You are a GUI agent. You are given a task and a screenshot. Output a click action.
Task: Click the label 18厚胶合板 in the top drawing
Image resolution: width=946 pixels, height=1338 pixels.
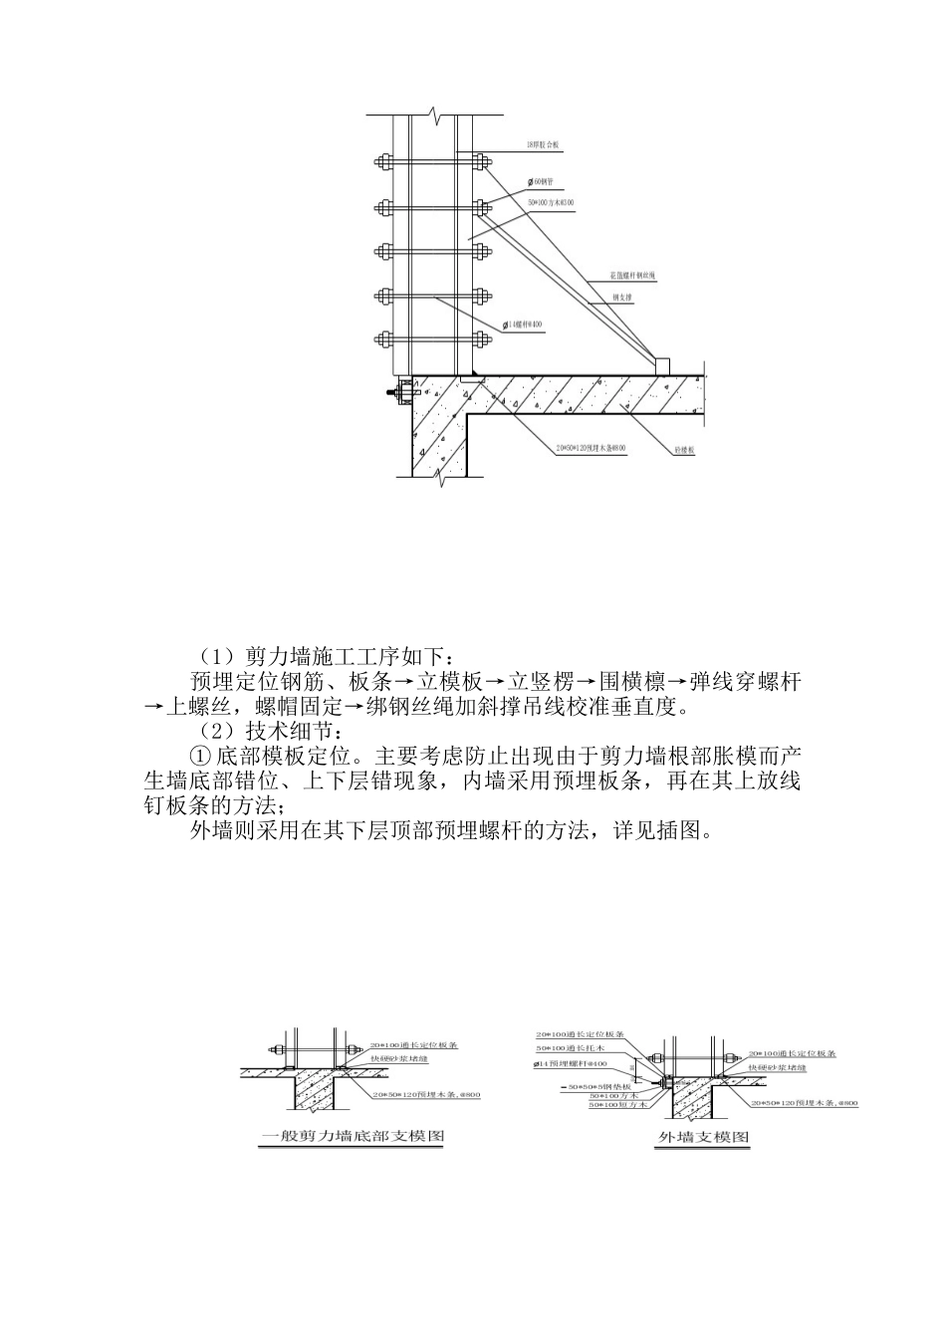(544, 145)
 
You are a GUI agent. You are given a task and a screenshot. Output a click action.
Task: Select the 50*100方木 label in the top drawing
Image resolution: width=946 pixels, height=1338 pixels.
(551, 203)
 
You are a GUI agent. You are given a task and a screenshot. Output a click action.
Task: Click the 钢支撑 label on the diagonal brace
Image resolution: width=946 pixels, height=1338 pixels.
(624, 297)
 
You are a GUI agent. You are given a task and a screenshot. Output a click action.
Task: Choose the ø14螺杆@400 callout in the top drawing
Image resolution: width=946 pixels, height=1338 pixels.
(523, 325)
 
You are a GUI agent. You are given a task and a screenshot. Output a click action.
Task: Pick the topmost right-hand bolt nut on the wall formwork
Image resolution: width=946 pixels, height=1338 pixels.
(481, 161)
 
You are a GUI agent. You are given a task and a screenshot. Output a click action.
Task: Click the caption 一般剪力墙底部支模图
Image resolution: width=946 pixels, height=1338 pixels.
(351, 1136)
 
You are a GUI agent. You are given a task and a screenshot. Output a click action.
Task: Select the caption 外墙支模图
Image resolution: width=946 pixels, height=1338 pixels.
(703, 1137)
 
